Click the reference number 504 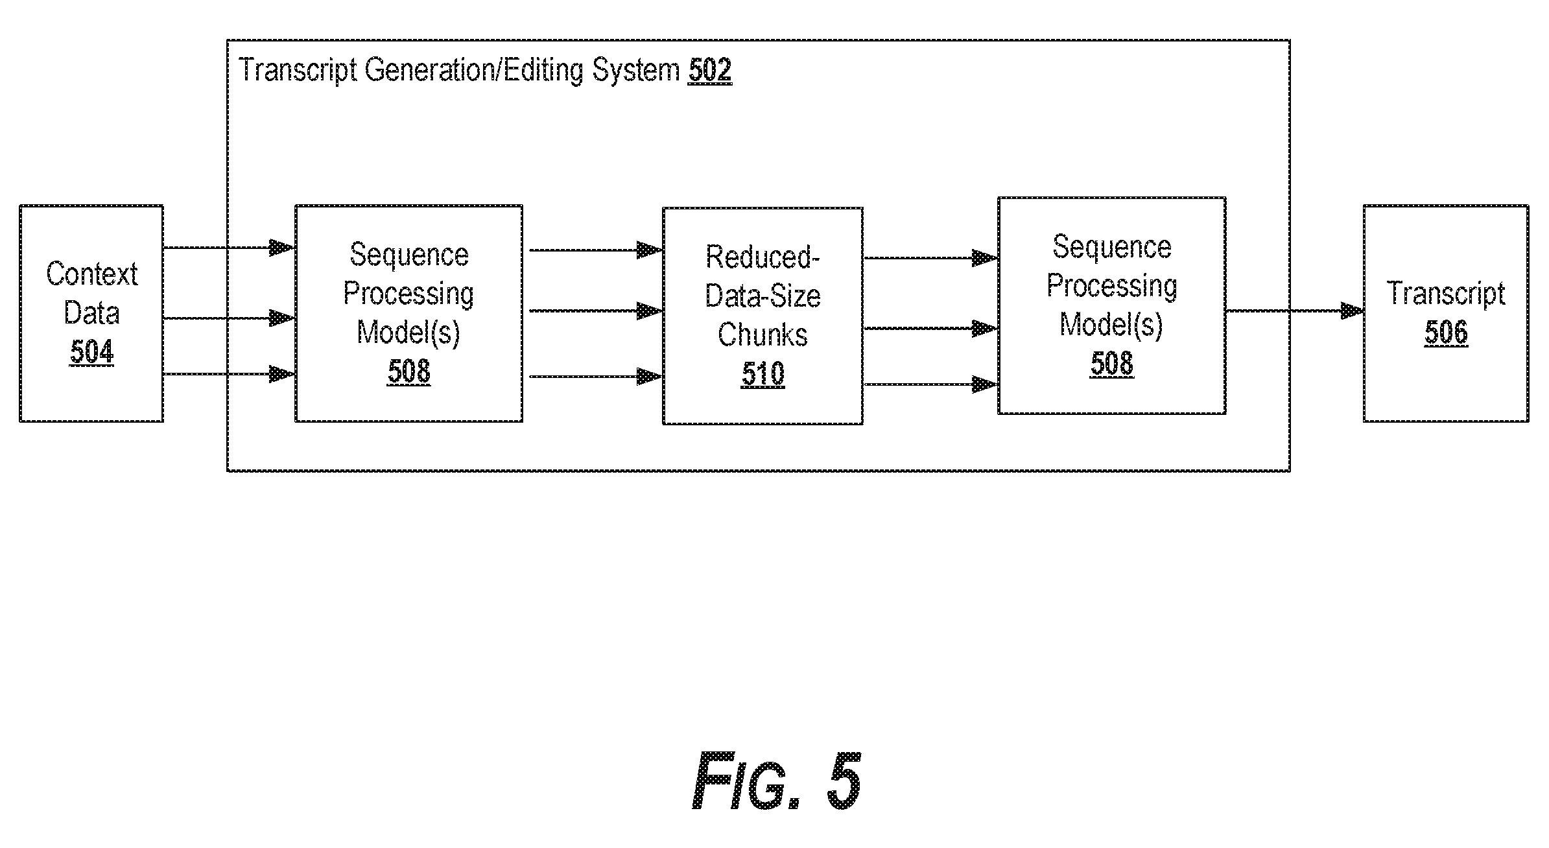[x=91, y=352]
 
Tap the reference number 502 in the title [x=710, y=69]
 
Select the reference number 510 [x=763, y=374]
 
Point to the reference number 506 [x=1446, y=333]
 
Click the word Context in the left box [x=91, y=274]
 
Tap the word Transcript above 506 [x=1446, y=294]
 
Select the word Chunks [x=763, y=335]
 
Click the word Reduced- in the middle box [x=763, y=257]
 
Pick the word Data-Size [x=763, y=296]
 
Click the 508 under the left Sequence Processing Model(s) [x=408, y=371]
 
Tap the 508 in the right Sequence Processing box [x=1111, y=363]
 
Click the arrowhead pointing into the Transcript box [x=1352, y=311]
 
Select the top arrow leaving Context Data [x=229, y=248]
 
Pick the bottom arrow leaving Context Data [x=229, y=374]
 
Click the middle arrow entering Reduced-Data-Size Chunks [x=596, y=311]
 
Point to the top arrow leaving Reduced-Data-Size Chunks [x=930, y=258]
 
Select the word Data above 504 [x=91, y=313]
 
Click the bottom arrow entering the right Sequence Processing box [x=930, y=384]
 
